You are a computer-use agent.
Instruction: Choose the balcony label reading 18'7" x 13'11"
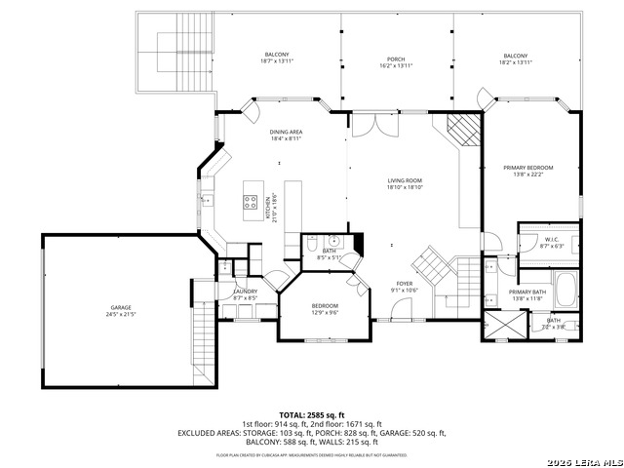point(277,58)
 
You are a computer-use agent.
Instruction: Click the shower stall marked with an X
point(504,324)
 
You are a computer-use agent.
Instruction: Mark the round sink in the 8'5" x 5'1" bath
point(333,239)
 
